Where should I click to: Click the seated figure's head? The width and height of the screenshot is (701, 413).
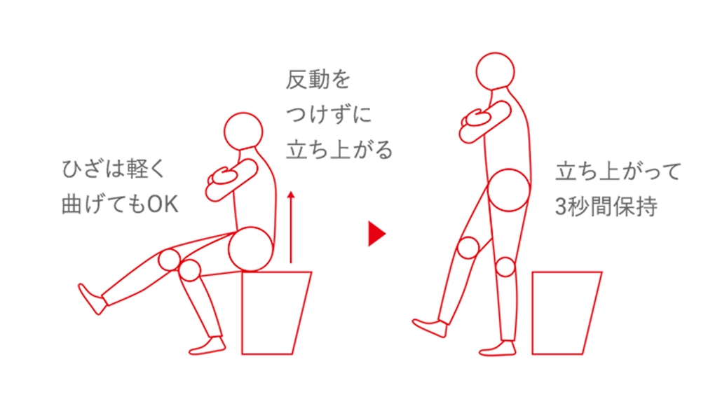[243, 132]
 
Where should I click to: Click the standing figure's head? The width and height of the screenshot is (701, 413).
[495, 71]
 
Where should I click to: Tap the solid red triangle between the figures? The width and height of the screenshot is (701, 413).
[376, 234]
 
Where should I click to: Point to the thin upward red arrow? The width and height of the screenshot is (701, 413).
[291, 227]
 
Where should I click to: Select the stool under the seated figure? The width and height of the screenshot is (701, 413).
[275, 312]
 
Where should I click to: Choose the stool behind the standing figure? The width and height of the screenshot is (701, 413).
[566, 312]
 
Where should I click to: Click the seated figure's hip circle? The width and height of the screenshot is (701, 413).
[250, 249]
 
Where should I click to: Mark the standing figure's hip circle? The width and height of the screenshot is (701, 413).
[509, 190]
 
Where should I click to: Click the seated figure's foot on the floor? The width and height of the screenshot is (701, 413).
[207, 346]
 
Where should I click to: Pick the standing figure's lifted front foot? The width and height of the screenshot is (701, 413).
[430, 328]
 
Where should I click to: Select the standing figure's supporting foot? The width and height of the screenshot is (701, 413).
[498, 349]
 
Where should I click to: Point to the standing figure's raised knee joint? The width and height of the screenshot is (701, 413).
[468, 247]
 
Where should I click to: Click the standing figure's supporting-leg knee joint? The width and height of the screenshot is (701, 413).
[505, 267]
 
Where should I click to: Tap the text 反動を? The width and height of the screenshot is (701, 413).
[318, 80]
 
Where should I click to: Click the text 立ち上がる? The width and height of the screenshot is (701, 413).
[339, 150]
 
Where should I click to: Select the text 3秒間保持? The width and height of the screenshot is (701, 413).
[606, 206]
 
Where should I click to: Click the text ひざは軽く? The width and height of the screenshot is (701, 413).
[114, 169]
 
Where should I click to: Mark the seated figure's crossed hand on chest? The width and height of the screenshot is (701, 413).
[224, 176]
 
